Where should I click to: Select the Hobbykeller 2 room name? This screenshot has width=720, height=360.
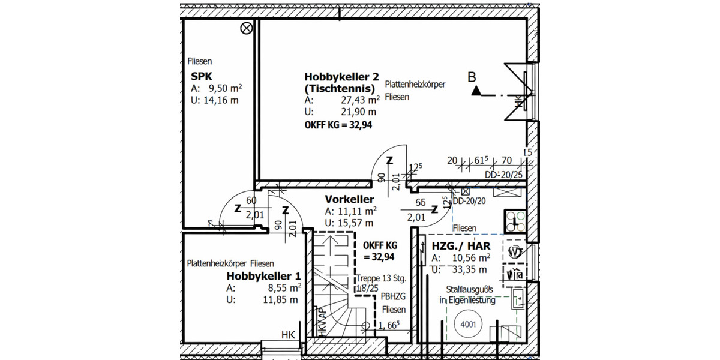pyautogui.click(x=342, y=77)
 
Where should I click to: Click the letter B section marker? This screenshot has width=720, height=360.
pyautogui.click(x=472, y=77)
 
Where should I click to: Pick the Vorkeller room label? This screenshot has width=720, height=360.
pyautogui.click(x=350, y=199)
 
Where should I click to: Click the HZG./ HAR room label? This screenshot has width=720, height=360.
pyautogui.click(x=461, y=246)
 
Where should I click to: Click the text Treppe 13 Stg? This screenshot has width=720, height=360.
pyautogui.click(x=382, y=278)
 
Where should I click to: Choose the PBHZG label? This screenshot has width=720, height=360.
pyautogui.click(x=394, y=297)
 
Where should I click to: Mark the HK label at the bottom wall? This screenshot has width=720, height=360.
pyautogui.click(x=288, y=335)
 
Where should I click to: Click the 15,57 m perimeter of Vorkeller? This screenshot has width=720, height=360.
pyautogui.click(x=350, y=223)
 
